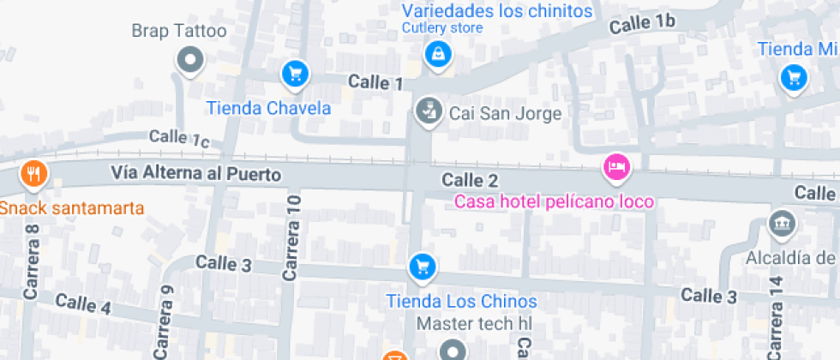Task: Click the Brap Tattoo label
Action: [178, 32]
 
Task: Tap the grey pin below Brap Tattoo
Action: [189, 61]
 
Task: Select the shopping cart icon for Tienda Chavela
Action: [295, 75]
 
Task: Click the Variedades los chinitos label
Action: [497, 11]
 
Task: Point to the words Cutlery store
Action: [442, 27]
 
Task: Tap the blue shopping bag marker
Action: [438, 55]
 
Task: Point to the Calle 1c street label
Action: [179, 138]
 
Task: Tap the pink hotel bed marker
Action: [615, 166]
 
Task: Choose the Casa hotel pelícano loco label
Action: [554, 202]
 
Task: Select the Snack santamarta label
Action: [72, 208]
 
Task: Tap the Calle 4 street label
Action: [82, 304]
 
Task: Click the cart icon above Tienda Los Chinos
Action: [421, 267]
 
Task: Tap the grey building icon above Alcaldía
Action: [782, 225]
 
